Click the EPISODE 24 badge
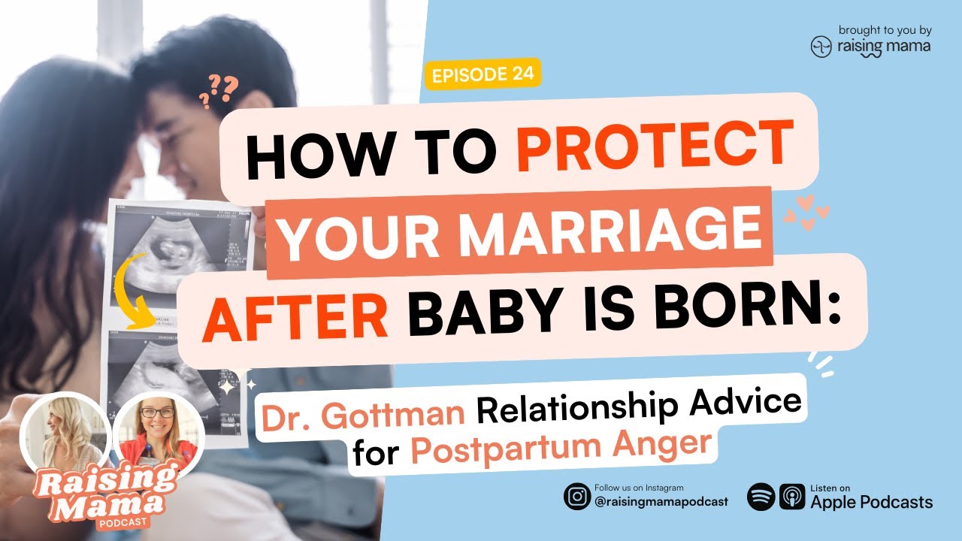(x=483, y=74)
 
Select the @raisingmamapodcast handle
(x=661, y=502)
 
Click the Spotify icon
(x=760, y=497)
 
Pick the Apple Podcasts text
(x=871, y=502)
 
